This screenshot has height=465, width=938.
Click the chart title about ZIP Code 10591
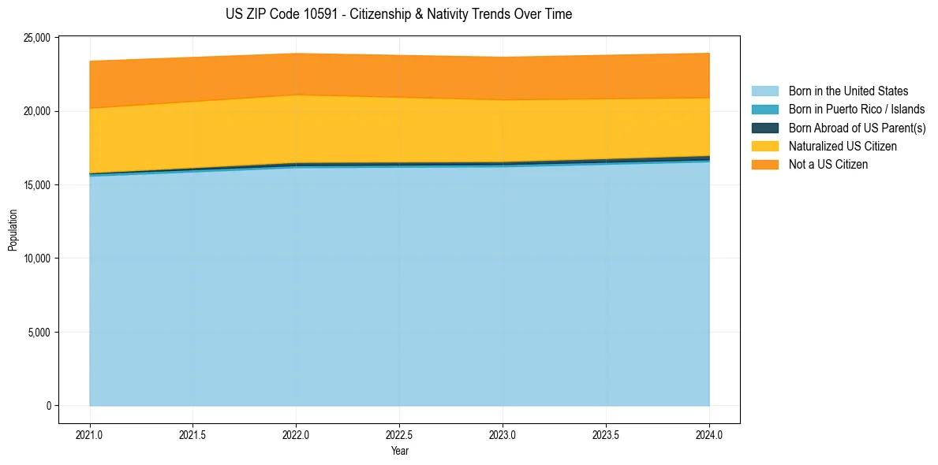[398, 14]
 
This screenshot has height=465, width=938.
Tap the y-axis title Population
[12, 229]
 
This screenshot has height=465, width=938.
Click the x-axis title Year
[399, 451]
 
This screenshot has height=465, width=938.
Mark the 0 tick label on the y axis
[48, 406]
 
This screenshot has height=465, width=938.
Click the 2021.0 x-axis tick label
[90, 434]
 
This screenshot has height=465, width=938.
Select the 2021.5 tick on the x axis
[193, 434]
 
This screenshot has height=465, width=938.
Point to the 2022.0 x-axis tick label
[296, 434]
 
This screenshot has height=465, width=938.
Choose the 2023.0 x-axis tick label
[503, 434]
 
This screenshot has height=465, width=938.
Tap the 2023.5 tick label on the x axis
[606, 434]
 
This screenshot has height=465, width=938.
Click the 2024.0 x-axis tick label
[709, 434]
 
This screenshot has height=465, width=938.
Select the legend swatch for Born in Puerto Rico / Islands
[764, 110]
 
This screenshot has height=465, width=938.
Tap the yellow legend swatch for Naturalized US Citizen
[764, 146]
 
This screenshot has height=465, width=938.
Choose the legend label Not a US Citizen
[828, 164]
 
